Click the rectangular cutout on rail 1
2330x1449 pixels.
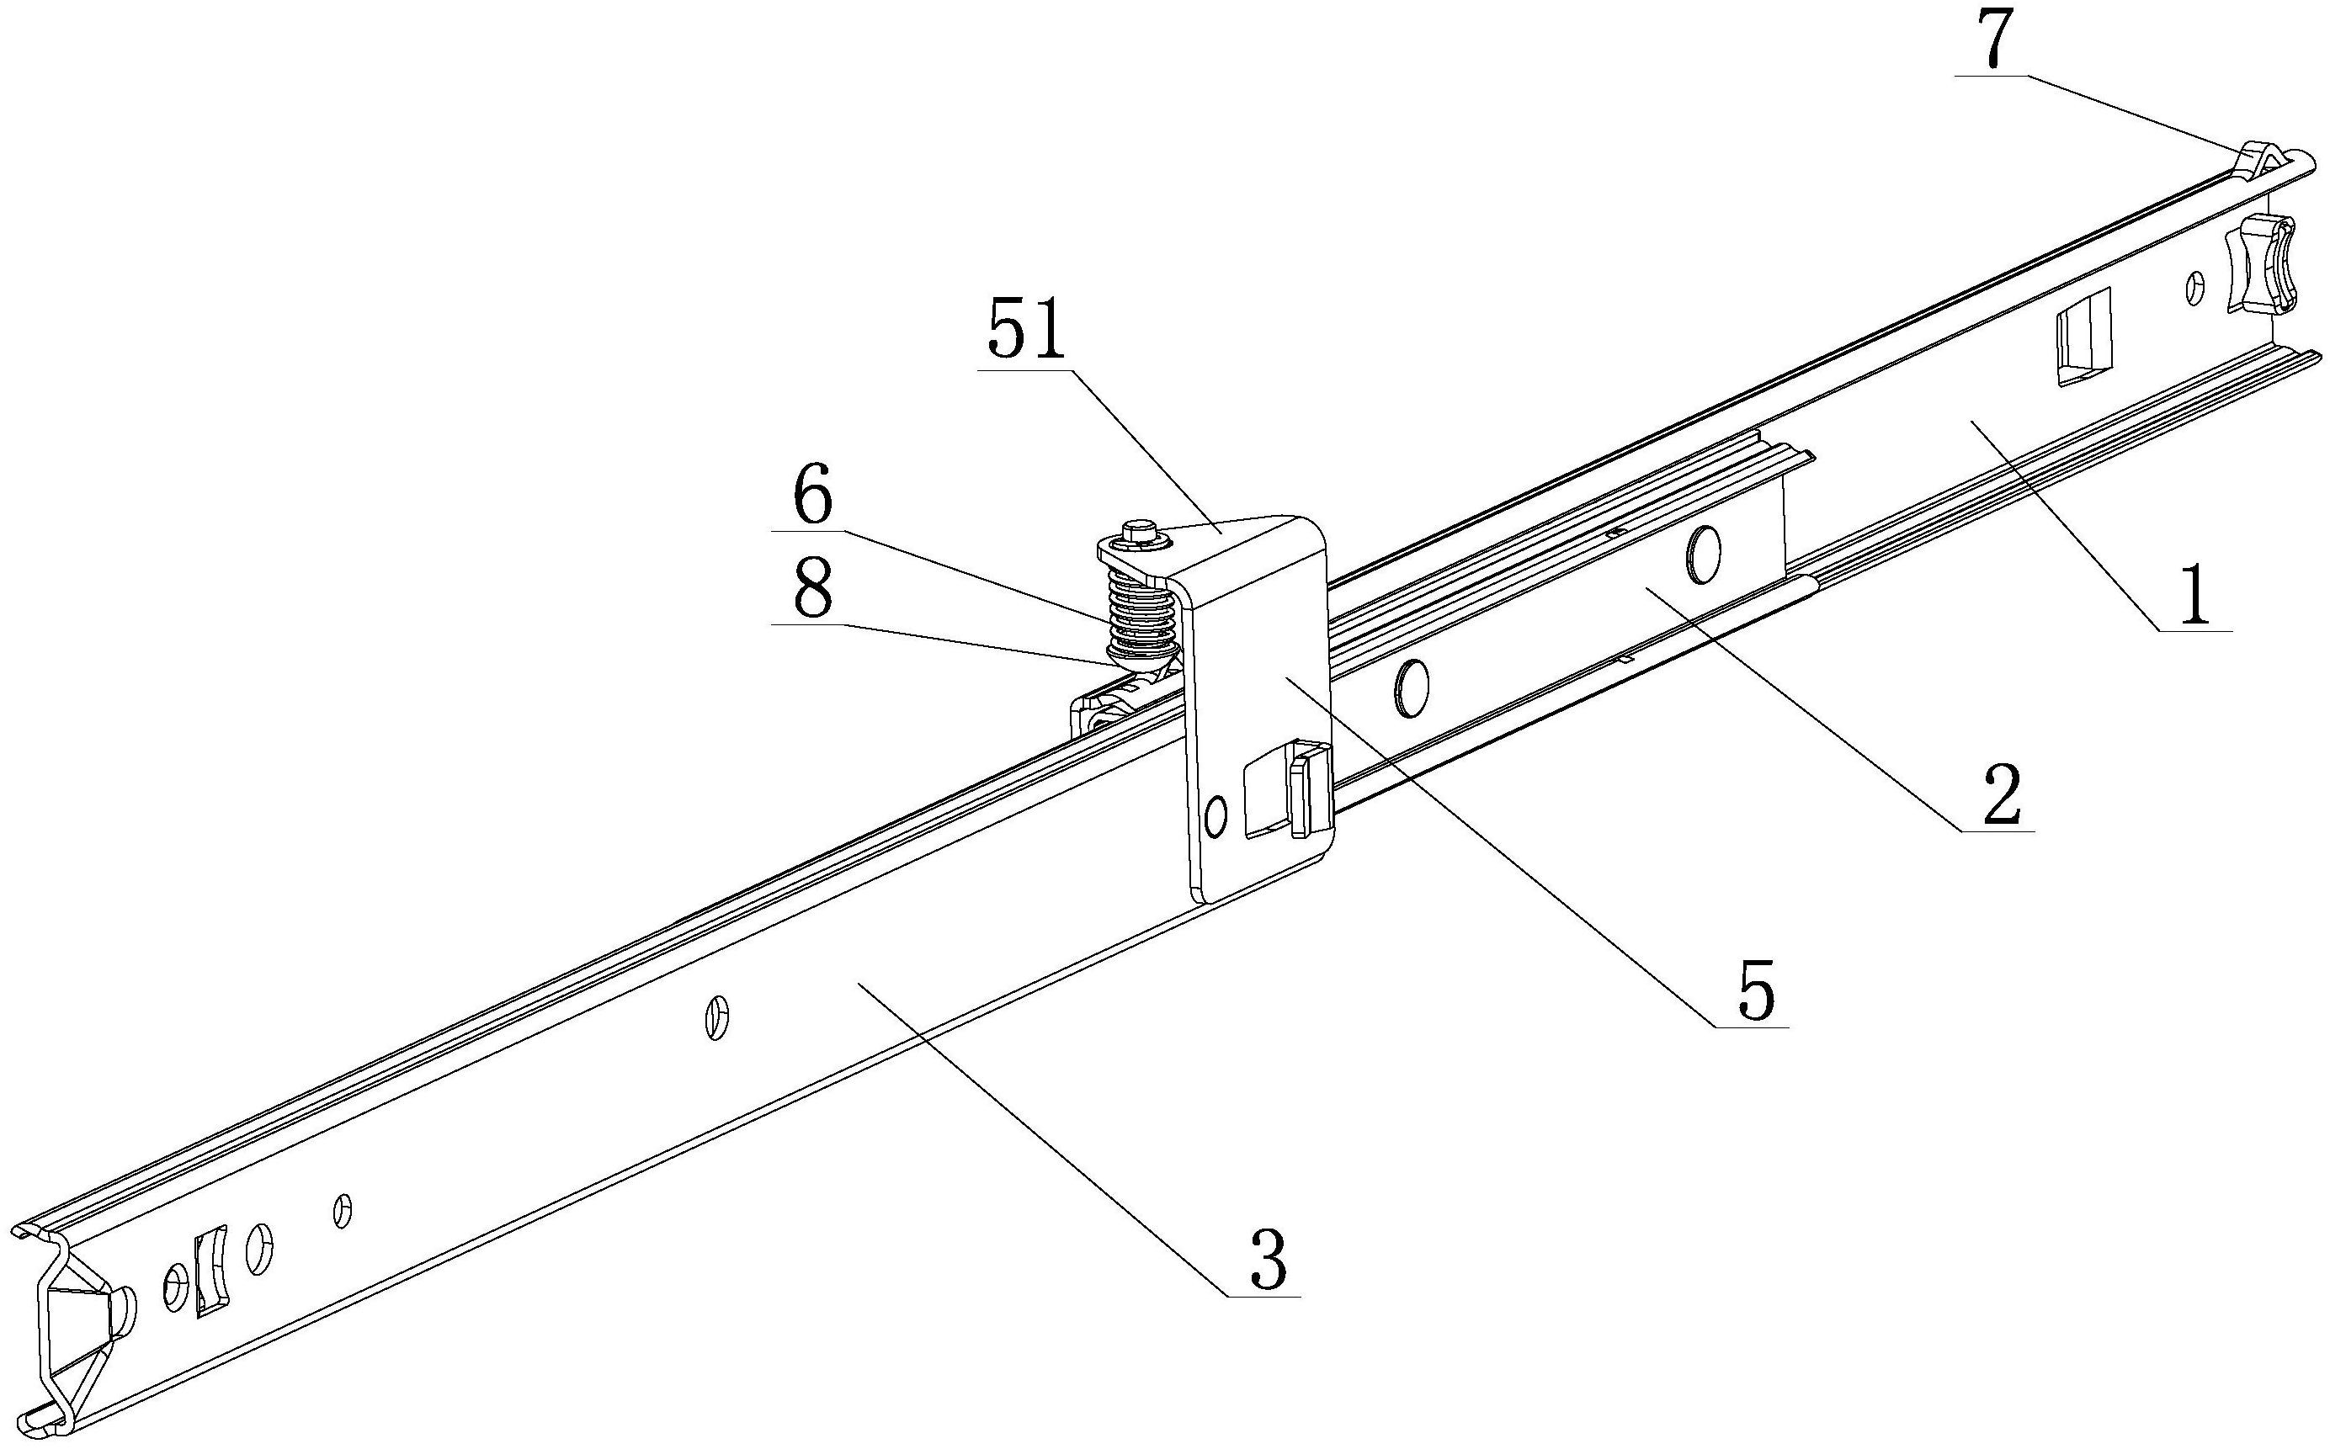coord(2082,337)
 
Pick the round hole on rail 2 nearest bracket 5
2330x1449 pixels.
coord(1411,686)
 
